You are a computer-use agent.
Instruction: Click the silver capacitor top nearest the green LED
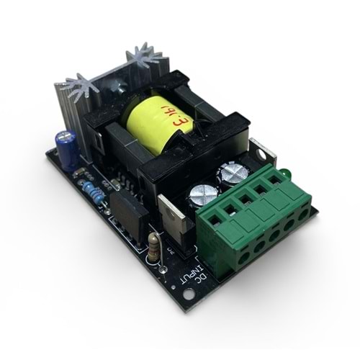tap(235, 174)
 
